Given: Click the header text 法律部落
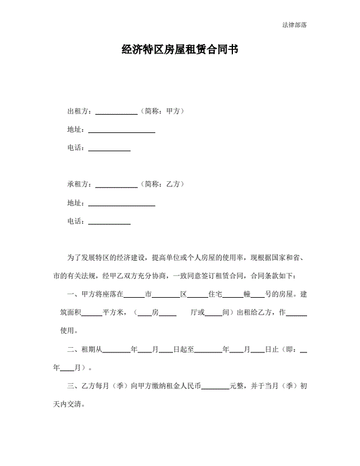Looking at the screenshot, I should pyautogui.click(x=294, y=25).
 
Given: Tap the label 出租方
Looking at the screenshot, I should pyautogui.click(x=78, y=111).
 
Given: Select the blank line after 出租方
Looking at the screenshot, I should pyautogui.click(x=116, y=112).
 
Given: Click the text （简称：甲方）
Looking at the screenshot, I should pyautogui.click(x=163, y=111).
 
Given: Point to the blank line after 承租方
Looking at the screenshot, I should pyautogui.click(x=116, y=186).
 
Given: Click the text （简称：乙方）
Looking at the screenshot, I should pyautogui.click(x=163, y=184).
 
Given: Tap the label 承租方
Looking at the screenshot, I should pyautogui.click(x=78, y=184).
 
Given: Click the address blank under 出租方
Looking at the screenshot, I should pyautogui.click(x=121, y=131).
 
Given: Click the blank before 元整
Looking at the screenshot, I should pyautogui.click(x=215, y=388).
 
